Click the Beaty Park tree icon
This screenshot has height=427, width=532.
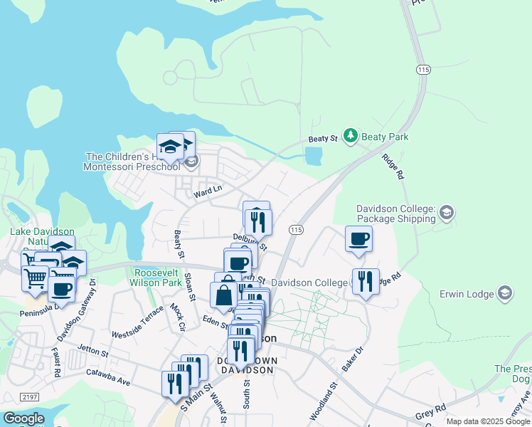point(350,135)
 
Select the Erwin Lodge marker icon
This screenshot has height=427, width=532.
point(505,292)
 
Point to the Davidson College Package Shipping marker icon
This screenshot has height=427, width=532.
point(447,212)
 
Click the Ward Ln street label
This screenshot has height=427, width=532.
point(208,190)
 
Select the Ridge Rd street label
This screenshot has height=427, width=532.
point(393,167)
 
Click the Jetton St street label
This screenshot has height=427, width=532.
point(94,352)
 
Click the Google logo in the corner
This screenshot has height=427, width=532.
point(23,418)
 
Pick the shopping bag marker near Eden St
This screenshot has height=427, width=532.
point(223,295)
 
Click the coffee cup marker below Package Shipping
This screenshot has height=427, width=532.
point(358,239)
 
